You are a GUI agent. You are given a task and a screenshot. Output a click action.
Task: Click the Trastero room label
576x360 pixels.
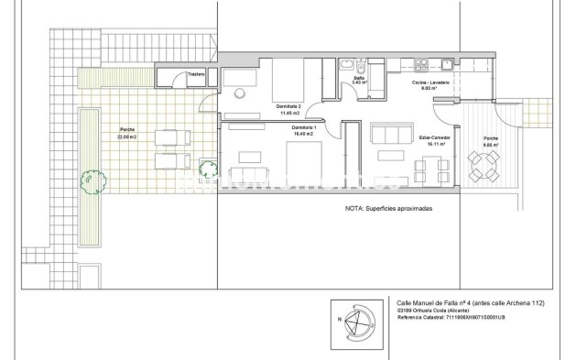point(195,74)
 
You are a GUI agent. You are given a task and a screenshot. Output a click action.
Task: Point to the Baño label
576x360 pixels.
point(360,79)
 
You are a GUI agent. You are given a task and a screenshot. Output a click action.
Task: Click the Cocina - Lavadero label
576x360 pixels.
point(429,82)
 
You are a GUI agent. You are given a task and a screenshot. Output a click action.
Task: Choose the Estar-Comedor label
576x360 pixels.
point(432,138)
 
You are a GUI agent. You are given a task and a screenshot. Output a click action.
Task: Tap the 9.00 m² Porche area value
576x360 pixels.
point(492,145)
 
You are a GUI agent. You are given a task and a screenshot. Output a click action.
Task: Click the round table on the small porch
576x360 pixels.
point(484,166)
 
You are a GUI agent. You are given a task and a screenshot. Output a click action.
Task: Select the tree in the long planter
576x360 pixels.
point(89,178)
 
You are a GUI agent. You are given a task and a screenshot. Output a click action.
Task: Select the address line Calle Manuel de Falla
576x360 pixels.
point(471,300)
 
